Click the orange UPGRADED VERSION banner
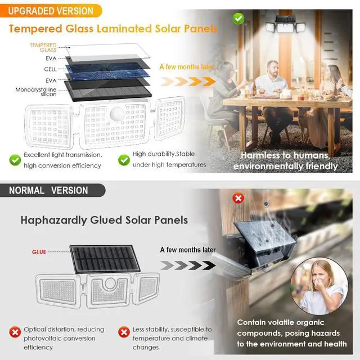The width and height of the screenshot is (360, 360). tap(51, 10)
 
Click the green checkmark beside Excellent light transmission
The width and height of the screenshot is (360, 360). tap(15, 160)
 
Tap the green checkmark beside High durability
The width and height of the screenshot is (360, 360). tap(124, 160)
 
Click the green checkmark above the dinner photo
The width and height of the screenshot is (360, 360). tap(240, 18)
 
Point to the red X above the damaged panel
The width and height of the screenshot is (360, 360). tap(239, 198)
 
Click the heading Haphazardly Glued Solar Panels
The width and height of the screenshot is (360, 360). tap(104, 220)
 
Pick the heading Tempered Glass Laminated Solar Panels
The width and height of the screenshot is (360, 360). tap(112, 29)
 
